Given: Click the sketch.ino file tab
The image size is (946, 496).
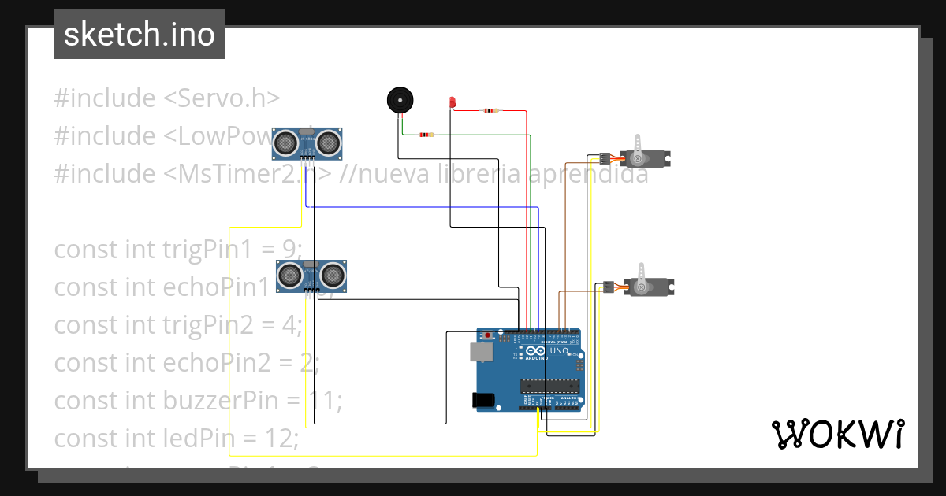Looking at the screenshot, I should tap(140, 35).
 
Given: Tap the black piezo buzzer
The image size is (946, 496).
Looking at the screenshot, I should tap(400, 100).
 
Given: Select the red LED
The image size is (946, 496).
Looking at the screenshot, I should tap(452, 103).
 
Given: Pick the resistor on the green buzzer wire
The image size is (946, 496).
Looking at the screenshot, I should tap(426, 135).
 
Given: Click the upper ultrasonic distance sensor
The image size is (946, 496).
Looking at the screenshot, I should tap(308, 142).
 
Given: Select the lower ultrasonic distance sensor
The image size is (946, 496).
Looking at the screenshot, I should tap(312, 275).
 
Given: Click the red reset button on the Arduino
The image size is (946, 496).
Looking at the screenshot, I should tap(488, 336).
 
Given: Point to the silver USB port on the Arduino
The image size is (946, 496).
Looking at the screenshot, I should tap(479, 351).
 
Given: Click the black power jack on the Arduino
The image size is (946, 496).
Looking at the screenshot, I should tap(483, 400).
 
